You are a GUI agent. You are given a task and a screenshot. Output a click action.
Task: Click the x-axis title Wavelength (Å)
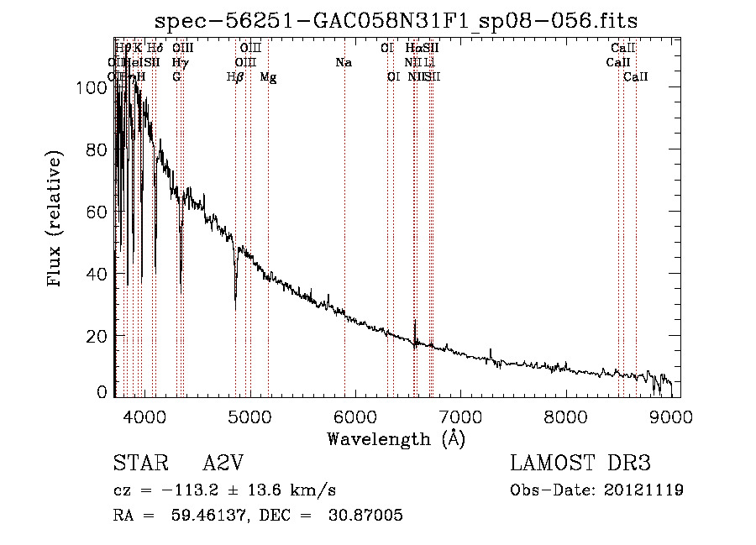pos(396,438)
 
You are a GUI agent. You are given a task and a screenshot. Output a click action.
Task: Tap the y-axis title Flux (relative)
pos(56,220)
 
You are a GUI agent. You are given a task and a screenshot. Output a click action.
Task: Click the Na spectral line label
pos(343,63)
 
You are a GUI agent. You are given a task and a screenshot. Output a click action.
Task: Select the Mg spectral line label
pos(268,77)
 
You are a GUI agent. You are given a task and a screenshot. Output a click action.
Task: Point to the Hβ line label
pos(235,77)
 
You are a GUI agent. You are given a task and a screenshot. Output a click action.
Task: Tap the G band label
pos(176,77)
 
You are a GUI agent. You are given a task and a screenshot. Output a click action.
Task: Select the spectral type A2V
pos(224,464)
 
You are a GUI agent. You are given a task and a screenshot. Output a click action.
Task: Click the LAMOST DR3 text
pos(580,464)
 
